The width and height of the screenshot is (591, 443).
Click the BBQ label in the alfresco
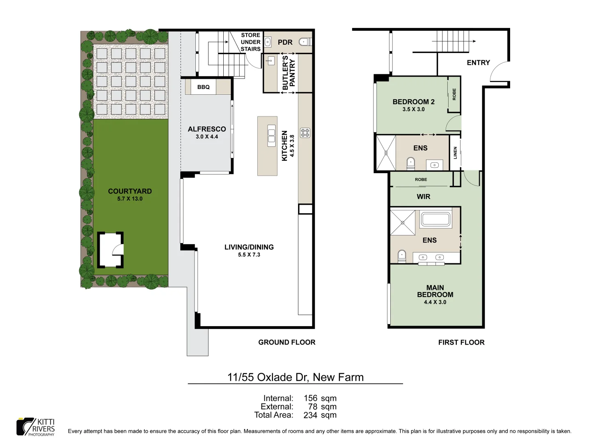click(x=203, y=87)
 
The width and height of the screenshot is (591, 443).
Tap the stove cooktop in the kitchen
click(x=305, y=133)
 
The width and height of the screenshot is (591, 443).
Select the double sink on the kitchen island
click(x=271, y=136)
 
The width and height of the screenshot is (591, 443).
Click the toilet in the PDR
click(x=305, y=42)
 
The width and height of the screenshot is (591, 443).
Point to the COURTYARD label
click(x=130, y=191)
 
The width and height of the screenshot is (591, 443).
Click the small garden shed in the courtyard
click(x=110, y=250)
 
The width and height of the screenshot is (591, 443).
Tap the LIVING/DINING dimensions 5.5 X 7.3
click(x=249, y=255)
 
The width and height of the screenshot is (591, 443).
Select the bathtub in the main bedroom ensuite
click(x=436, y=219)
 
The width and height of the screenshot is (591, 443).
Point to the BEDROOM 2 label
click(x=413, y=102)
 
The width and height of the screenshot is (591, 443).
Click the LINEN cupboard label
click(x=455, y=153)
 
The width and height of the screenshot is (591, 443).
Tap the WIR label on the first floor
click(x=423, y=197)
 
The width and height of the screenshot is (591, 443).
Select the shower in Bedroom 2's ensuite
click(x=386, y=153)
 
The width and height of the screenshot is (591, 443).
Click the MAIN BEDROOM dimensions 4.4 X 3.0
click(x=435, y=302)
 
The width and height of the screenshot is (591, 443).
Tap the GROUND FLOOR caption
click(x=286, y=342)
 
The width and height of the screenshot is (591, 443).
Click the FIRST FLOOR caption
click(x=461, y=342)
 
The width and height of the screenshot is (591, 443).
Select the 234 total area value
click(x=310, y=415)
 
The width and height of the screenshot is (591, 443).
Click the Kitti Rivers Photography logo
click(x=36, y=427)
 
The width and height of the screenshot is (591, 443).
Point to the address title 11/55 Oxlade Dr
click(x=295, y=377)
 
